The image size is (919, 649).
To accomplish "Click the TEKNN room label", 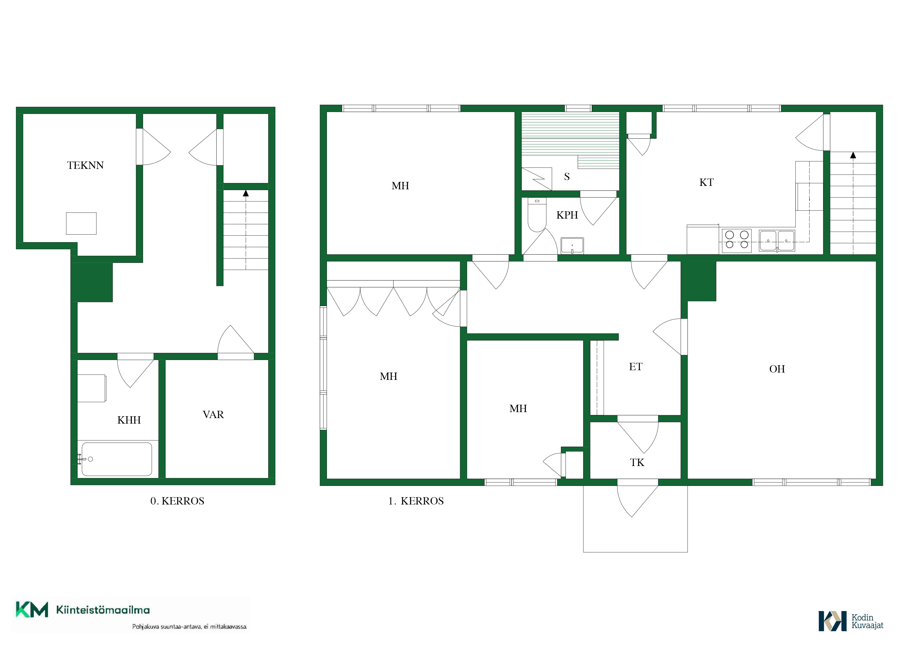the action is click(85, 165).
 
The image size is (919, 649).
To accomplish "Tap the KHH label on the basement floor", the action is click(129, 420).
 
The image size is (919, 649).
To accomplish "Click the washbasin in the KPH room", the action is click(572, 246).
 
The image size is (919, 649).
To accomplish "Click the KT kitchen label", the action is click(707, 182).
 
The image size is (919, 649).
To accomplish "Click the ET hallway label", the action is click(636, 367).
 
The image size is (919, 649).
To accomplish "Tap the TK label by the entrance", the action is click(637, 463).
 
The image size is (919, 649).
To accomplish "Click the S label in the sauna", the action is click(567, 177).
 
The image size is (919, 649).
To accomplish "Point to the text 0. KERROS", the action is click(177, 501).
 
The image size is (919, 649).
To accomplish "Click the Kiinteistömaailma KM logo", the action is click(83, 610).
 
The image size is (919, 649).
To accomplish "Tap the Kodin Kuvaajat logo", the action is click(851, 621).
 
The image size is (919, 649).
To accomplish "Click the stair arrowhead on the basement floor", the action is click(246, 193).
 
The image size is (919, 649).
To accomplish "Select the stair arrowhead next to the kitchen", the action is click(853, 155).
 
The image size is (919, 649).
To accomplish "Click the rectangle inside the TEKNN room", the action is click(81, 224).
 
